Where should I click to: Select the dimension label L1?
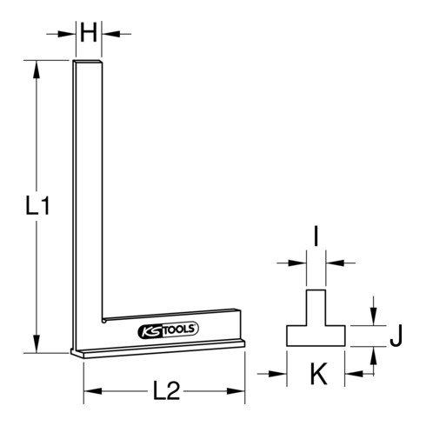35,207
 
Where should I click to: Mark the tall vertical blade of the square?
88,191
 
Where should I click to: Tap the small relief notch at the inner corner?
103,320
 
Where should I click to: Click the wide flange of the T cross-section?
316,336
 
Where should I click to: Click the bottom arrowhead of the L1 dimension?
36,347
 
